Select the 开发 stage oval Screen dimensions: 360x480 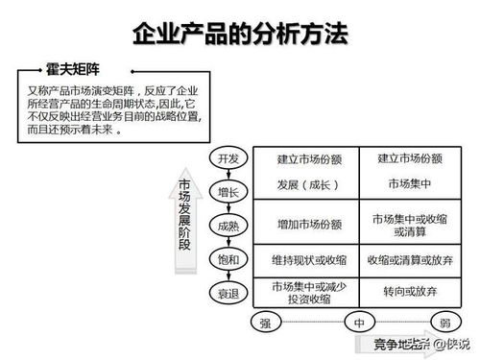tap(228, 158)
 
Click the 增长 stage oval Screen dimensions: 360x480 tap(228, 192)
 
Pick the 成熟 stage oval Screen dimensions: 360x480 tap(228, 226)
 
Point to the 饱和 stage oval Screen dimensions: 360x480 tap(228, 258)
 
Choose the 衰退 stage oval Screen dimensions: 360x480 tap(228, 291)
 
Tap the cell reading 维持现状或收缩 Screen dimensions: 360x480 tap(307, 258)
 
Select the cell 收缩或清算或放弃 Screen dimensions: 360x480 tap(410, 258)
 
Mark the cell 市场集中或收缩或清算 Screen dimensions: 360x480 tap(410, 225)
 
